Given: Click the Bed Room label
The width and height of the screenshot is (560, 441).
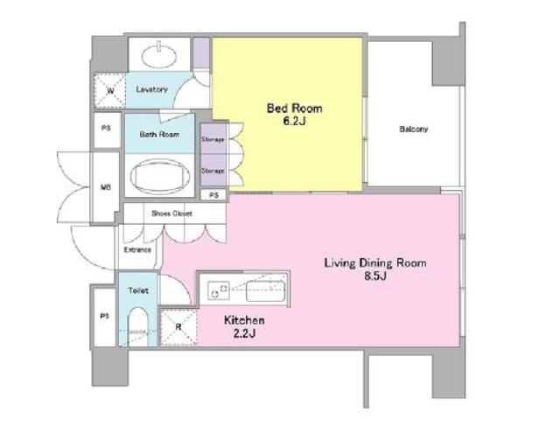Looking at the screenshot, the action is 295,108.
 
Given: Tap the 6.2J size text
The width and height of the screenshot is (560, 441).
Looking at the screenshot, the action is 295,122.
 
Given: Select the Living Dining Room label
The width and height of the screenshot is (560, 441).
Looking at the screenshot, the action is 375,263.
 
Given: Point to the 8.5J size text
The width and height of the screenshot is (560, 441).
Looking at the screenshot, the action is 375,276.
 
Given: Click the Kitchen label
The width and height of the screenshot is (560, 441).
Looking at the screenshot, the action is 244,320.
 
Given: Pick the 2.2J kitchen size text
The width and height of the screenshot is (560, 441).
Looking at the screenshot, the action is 244,333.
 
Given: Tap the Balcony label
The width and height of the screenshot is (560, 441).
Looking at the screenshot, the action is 414,129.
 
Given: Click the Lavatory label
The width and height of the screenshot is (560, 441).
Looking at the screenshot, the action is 151,89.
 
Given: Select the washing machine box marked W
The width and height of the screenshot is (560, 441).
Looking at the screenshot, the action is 110,91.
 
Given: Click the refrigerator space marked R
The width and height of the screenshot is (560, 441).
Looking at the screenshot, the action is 178,327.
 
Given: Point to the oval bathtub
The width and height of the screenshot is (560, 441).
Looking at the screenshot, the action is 159,176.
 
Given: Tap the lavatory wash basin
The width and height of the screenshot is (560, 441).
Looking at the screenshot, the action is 159,55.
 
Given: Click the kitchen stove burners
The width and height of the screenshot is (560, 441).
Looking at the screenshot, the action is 218,290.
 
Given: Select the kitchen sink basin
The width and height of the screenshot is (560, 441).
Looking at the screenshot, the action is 266,291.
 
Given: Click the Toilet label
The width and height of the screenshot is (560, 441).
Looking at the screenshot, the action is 138,290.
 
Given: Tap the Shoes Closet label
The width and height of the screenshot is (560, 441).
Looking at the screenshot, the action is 171,213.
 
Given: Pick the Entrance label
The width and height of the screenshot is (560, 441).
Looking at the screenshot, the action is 137,249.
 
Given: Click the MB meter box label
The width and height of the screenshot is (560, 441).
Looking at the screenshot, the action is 106,187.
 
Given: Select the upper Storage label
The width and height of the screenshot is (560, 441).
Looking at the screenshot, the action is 213,139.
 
